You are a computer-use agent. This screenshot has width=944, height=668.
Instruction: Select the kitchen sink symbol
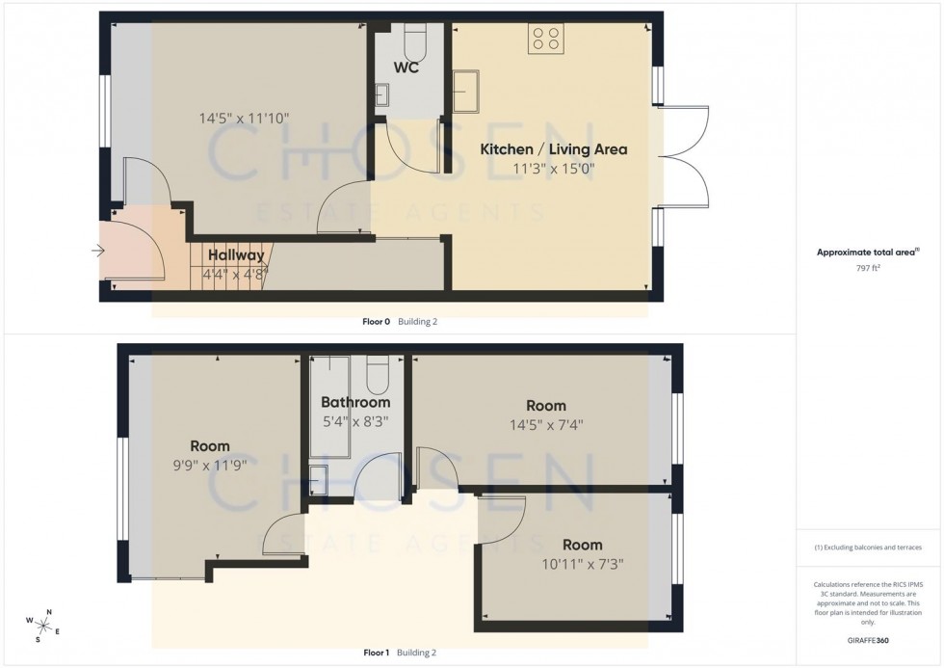[469, 90]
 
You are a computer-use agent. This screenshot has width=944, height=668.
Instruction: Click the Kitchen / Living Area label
[554, 149]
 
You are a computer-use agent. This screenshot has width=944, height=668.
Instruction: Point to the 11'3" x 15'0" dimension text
[554, 169]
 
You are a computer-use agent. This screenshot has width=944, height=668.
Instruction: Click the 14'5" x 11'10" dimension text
[244, 120]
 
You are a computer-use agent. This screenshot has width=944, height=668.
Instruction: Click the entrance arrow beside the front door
[97, 252]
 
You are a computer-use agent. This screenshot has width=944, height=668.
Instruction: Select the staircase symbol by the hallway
[231, 266]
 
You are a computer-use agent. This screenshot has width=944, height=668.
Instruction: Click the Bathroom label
[355, 402]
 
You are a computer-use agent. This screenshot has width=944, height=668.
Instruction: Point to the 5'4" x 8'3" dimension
[355, 420]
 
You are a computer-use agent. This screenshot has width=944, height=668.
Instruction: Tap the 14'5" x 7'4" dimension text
[546, 424]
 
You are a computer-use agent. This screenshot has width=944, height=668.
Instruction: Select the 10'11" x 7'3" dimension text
[582, 564]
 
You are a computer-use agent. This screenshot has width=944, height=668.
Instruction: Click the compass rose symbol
[44, 626]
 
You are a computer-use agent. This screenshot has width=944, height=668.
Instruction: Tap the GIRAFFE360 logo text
[868, 638]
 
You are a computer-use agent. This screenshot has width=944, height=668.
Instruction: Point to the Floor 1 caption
[376, 653]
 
